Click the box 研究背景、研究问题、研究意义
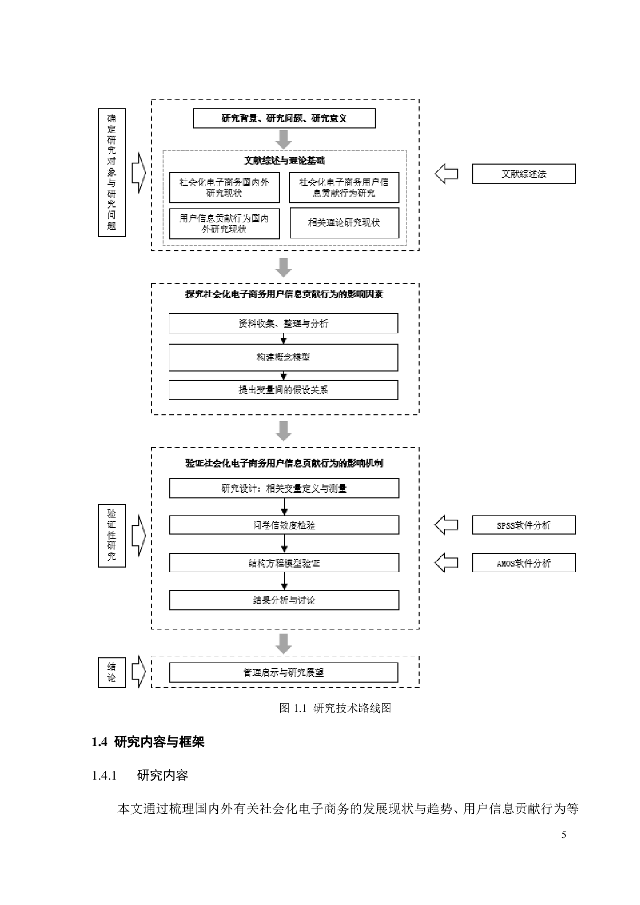point(284,119)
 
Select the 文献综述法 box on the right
point(523,174)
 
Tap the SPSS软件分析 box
point(523,525)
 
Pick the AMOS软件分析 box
point(523,563)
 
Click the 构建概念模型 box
point(283,357)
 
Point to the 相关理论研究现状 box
point(344,223)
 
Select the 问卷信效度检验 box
point(284,525)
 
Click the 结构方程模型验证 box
point(284,563)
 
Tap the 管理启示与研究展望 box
point(283,672)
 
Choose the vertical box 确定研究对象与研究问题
point(112,172)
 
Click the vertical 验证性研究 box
point(112,536)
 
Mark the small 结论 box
point(112,672)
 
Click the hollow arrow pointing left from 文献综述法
point(446,174)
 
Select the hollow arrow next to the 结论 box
point(138,672)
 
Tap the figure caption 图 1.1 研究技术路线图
point(335,708)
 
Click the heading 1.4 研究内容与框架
point(148,742)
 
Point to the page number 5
point(564,835)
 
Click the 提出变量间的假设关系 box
point(283,390)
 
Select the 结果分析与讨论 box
point(284,600)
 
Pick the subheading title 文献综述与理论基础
point(284,160)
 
